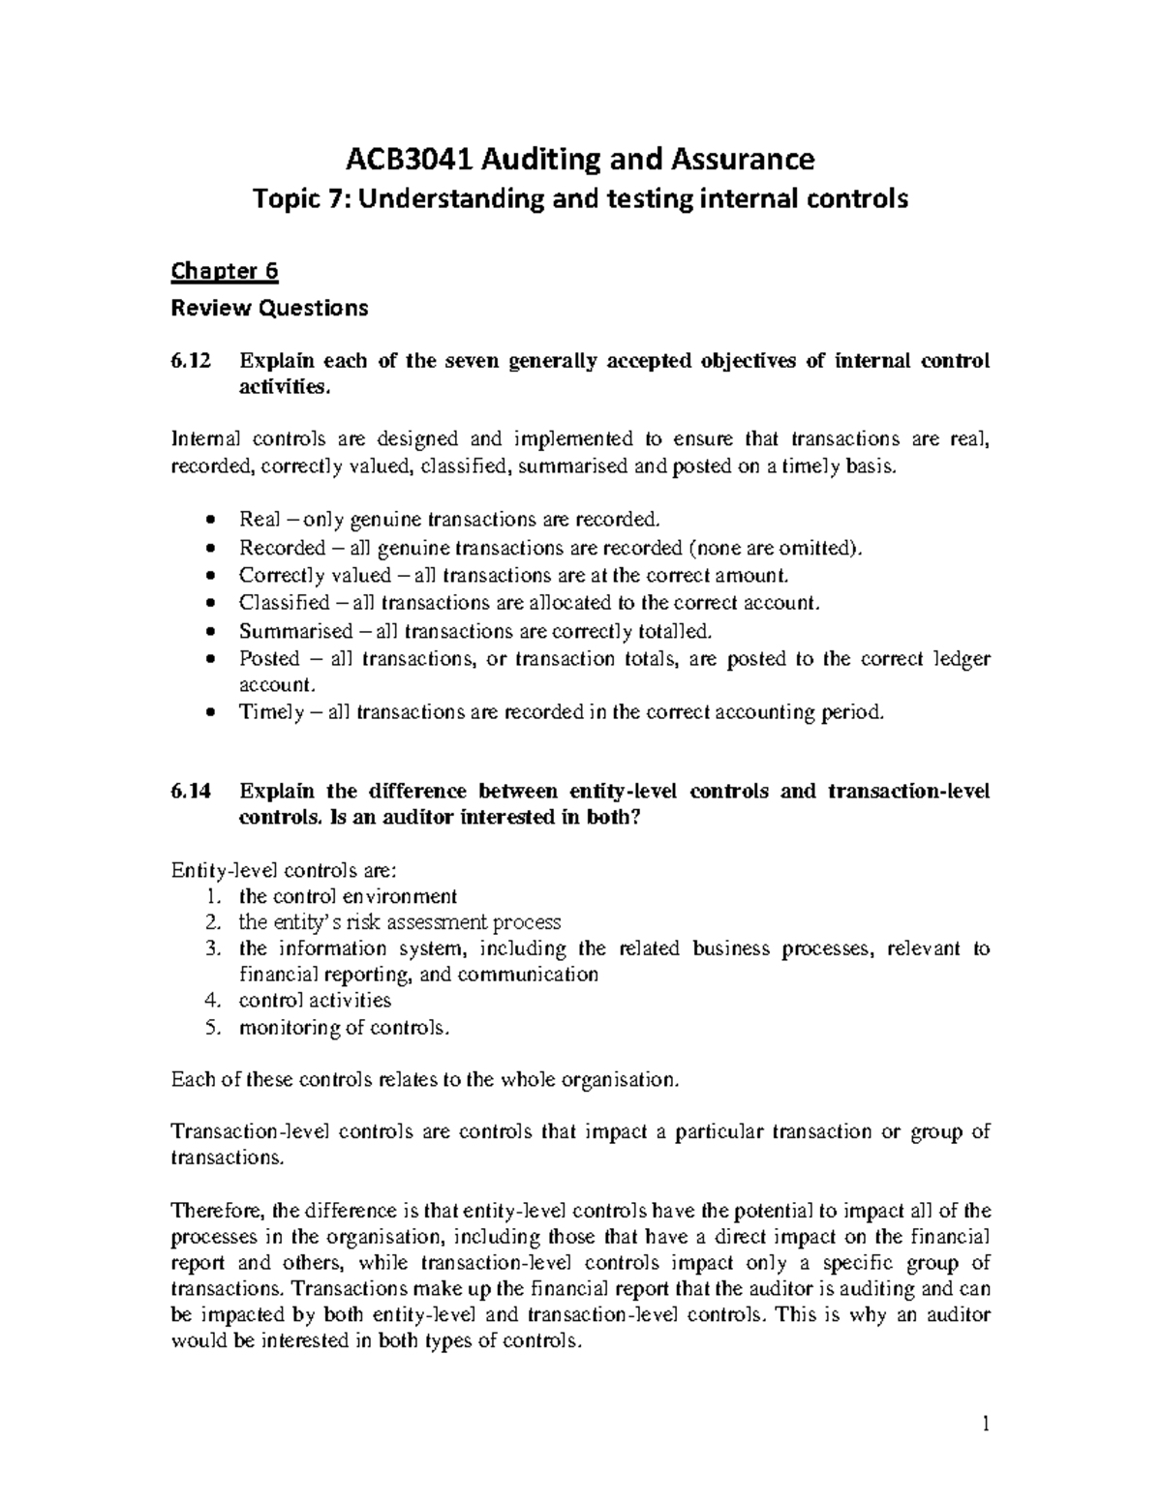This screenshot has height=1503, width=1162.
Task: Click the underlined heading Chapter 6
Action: coord(225,272)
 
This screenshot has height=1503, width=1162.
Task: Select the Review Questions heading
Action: coord(269,308)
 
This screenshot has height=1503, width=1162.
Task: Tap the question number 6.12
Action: coord(190,361)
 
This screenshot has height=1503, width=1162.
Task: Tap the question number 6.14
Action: coord(190,791)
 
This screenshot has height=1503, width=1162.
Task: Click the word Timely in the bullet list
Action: coord(271,712)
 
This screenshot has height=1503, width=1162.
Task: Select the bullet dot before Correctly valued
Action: coord(213,576)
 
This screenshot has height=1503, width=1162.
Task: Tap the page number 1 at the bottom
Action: coord(985,1424)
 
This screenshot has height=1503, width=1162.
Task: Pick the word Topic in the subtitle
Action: coord(283,199)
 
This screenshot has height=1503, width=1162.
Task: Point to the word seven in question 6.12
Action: coord(470,361)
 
